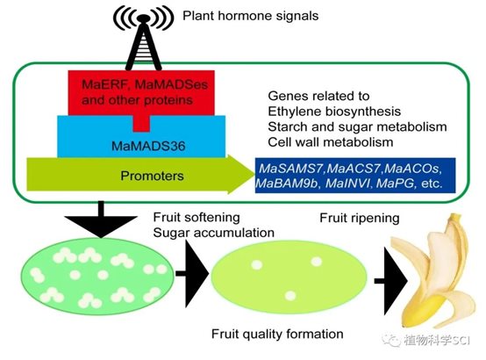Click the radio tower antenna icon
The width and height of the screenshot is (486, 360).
tap(143, 36)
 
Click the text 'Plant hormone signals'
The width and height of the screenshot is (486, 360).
tap(250, 16)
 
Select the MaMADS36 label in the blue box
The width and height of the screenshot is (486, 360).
tap(148, 146)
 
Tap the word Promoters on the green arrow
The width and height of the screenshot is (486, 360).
tap(152, 176)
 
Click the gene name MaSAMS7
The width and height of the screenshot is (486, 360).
tap(290, 169)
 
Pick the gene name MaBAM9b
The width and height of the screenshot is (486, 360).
tap(288, 184)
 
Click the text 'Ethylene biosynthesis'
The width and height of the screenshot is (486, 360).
tap(334, 112)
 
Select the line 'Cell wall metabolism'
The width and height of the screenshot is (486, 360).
tap(331, 142)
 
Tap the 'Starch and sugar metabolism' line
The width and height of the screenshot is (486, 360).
tap(357, 126)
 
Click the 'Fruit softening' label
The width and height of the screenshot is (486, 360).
tap(197, 217)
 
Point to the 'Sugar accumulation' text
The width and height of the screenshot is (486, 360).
tap(214, 233)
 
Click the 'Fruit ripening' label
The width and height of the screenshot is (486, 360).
tap(360, 218)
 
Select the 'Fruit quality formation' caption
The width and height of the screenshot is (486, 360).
tap(277, 334)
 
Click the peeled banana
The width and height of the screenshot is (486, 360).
tap(434, 273)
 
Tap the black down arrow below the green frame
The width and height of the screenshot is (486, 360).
tap(100, 220)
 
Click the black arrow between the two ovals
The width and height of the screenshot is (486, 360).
tap(192, 273)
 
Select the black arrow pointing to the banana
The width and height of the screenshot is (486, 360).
tap(390, 281)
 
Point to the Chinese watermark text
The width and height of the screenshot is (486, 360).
tap(436, 340)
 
